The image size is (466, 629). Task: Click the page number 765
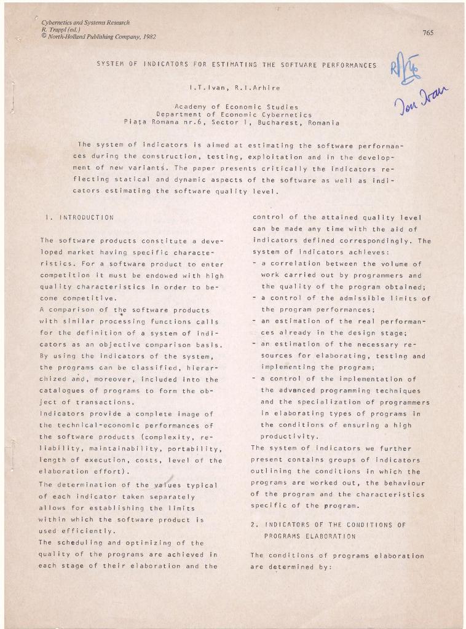[428, 33]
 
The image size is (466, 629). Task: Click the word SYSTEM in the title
[109, 64]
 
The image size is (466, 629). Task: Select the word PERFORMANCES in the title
[347, 64]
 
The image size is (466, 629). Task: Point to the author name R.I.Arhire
[246, 88]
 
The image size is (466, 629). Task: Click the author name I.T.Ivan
[209, 88]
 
